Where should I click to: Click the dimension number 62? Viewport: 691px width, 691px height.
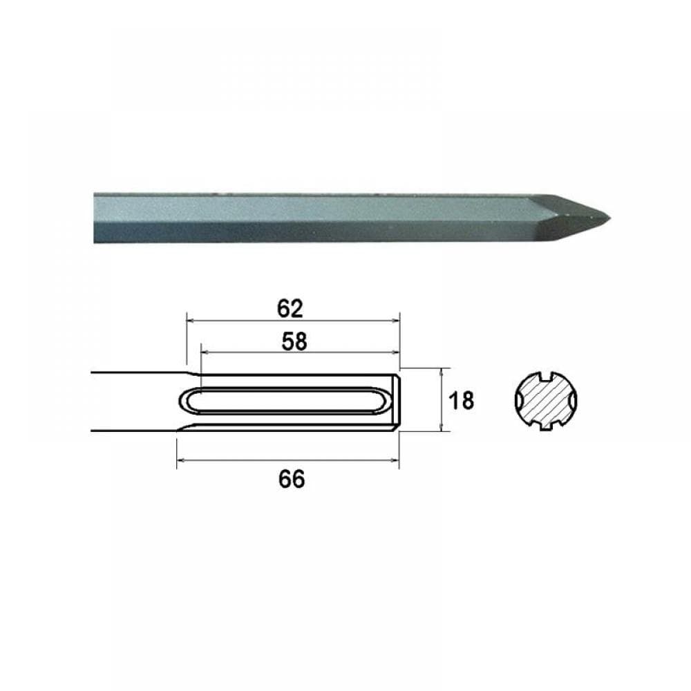pyautogui.click(x=290, y=309)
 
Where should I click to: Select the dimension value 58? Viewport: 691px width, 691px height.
pyautogui.click(x=294, y=341)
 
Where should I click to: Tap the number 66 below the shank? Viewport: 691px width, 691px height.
pyautogui.click(x=292, y=479)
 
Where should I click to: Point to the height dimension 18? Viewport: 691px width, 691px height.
pyautogui.click(x=462, y=401)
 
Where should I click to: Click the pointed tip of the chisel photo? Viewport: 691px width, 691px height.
pyautogui.click(x=609, y=218)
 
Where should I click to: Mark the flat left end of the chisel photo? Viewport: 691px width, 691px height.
pyautogui.click(x=95, y=218)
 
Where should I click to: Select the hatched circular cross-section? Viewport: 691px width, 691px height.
pyautogui.click(x=546, y=401)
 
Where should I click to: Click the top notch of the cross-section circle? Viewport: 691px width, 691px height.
pyautogui.click(x=547, y=377)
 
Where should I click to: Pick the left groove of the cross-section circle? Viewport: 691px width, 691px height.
pyautogui.click(x=519, y=401)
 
